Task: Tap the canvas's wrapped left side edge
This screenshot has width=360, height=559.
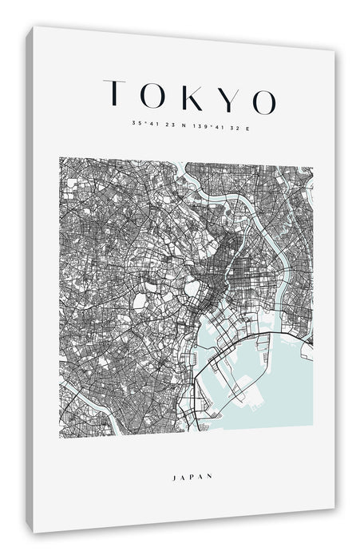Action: (30, 279)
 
